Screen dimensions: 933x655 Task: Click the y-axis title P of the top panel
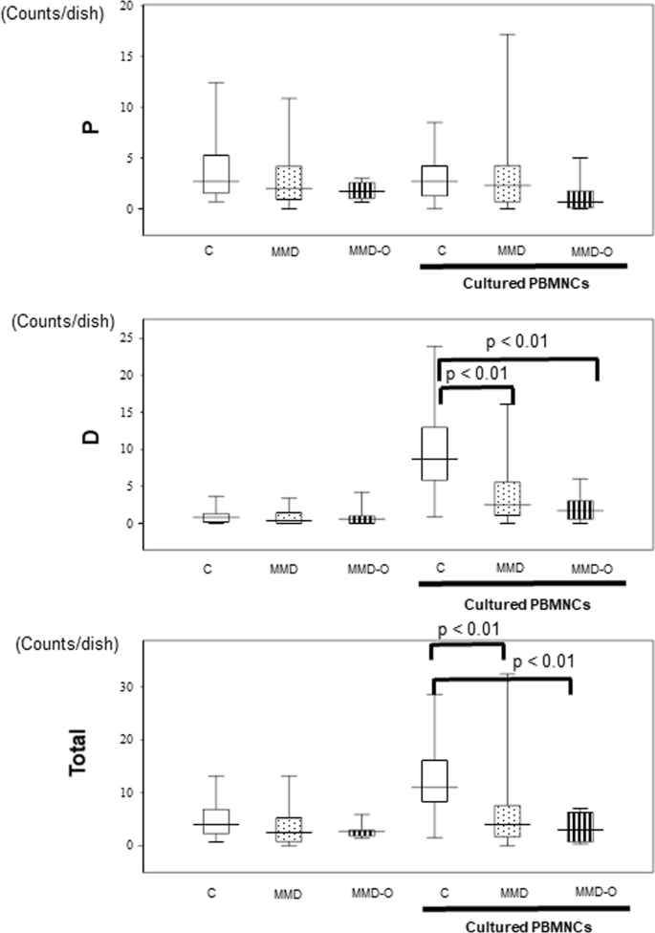[92, 126]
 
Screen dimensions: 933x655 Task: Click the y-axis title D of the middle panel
[92, 442]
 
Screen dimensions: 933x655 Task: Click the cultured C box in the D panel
[441, 453]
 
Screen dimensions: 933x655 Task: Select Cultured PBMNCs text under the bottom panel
[523, 926]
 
